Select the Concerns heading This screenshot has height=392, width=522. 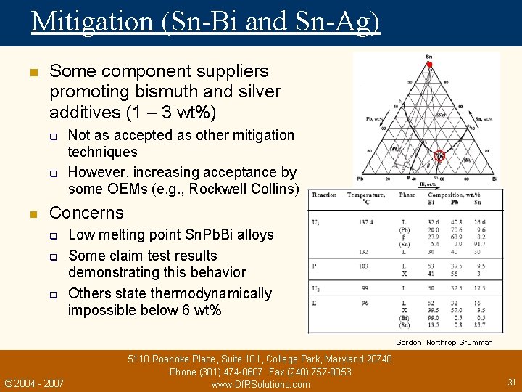point(86,213)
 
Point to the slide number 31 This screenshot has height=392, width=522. point(511,382)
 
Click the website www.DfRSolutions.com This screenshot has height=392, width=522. point(260,384)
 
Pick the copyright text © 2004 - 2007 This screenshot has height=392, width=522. point(34,383)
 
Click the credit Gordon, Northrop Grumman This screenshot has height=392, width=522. point(444,343)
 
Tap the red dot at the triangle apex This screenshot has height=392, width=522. point(429,65)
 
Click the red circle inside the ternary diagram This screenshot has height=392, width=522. point(439,155)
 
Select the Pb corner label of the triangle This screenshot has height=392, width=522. point(360,178)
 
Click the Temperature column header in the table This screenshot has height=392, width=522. point(365,195)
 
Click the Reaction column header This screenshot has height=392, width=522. point(324,195)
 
